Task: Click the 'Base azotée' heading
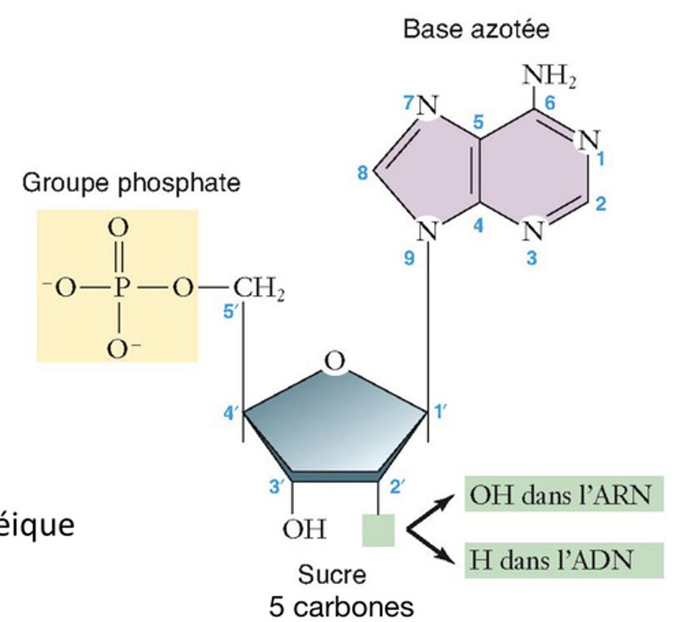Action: click(x=476, y=29)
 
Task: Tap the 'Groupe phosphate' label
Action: click(x=131, y=183)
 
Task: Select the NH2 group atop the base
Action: click(x=549, y=77)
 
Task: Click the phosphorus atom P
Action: click(x=120, y=288)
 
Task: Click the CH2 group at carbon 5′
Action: click(x=259, y=289)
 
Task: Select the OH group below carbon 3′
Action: click(x=304, y=529)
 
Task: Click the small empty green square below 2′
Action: click(x=378, y=530)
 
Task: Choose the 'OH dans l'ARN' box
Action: click(x=563, y=494)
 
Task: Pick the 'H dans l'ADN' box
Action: click(x=563, y=560)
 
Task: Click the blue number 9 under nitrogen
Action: click(x=409, y=258)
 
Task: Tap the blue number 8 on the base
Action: click(x=363, y=173)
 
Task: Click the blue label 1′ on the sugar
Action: click(x=440, y=412)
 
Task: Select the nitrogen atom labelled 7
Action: click(x=428, y=107)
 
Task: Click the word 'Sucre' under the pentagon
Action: click(x=332, y=575)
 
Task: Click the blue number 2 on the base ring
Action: click(x=600, y=204)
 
